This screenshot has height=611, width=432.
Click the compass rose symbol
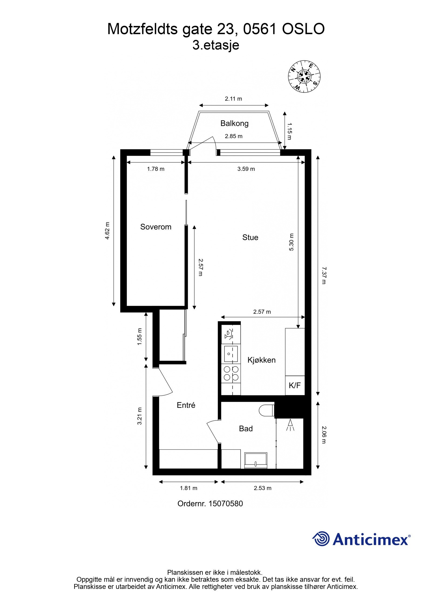click(305, 76)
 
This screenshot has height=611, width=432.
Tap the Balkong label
click(234, 123)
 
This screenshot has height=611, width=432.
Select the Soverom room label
click(156, 227)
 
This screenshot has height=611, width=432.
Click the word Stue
click(250, 237)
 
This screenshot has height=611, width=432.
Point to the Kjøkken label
click(261, 360)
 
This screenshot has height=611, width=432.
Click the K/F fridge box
click(295, 385)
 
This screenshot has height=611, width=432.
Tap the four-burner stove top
click(231, 373)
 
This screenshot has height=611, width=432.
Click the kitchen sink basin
click(231, 354)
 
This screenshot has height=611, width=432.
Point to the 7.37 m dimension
click(324, 275)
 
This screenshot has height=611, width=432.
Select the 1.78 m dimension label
click(156, 169)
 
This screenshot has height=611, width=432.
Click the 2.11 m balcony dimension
click(233, 99)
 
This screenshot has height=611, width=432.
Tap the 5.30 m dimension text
click(291, 242)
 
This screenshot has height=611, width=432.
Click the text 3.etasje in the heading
click(216, 45)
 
